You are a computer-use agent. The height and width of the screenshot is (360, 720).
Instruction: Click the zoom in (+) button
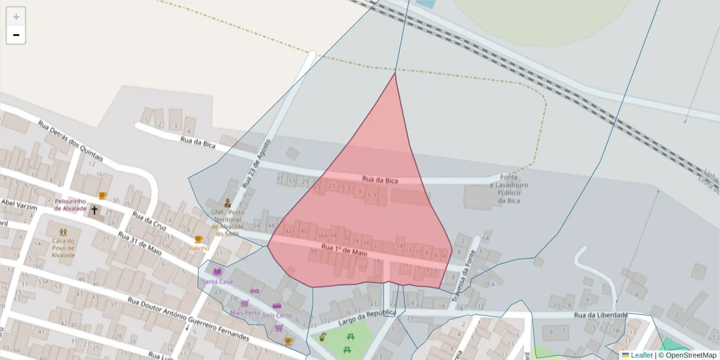(x=16, y=17)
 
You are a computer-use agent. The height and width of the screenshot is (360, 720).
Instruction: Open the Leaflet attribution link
(x=641, y=355)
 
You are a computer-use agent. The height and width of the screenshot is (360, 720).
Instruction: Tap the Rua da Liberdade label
(x=601, y=315)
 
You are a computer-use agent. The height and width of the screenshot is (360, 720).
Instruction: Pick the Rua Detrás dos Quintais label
(x=70, y=142)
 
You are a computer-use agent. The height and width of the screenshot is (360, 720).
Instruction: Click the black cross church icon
(x=94, y=210)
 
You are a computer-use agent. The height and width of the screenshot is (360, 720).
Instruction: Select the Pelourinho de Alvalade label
(x=70, y=205)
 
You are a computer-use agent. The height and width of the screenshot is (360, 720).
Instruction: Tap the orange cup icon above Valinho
(x=199, y=239)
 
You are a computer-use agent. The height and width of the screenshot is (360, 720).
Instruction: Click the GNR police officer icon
(x=227, y=203)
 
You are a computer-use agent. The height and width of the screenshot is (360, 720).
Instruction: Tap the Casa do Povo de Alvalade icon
(x=63, y=232)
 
